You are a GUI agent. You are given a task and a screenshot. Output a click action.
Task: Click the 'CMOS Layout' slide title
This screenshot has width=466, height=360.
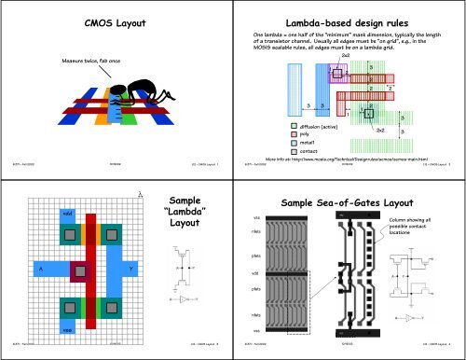point(116,20)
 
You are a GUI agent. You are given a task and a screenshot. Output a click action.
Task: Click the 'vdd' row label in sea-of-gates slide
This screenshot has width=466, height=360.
point(256,272)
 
